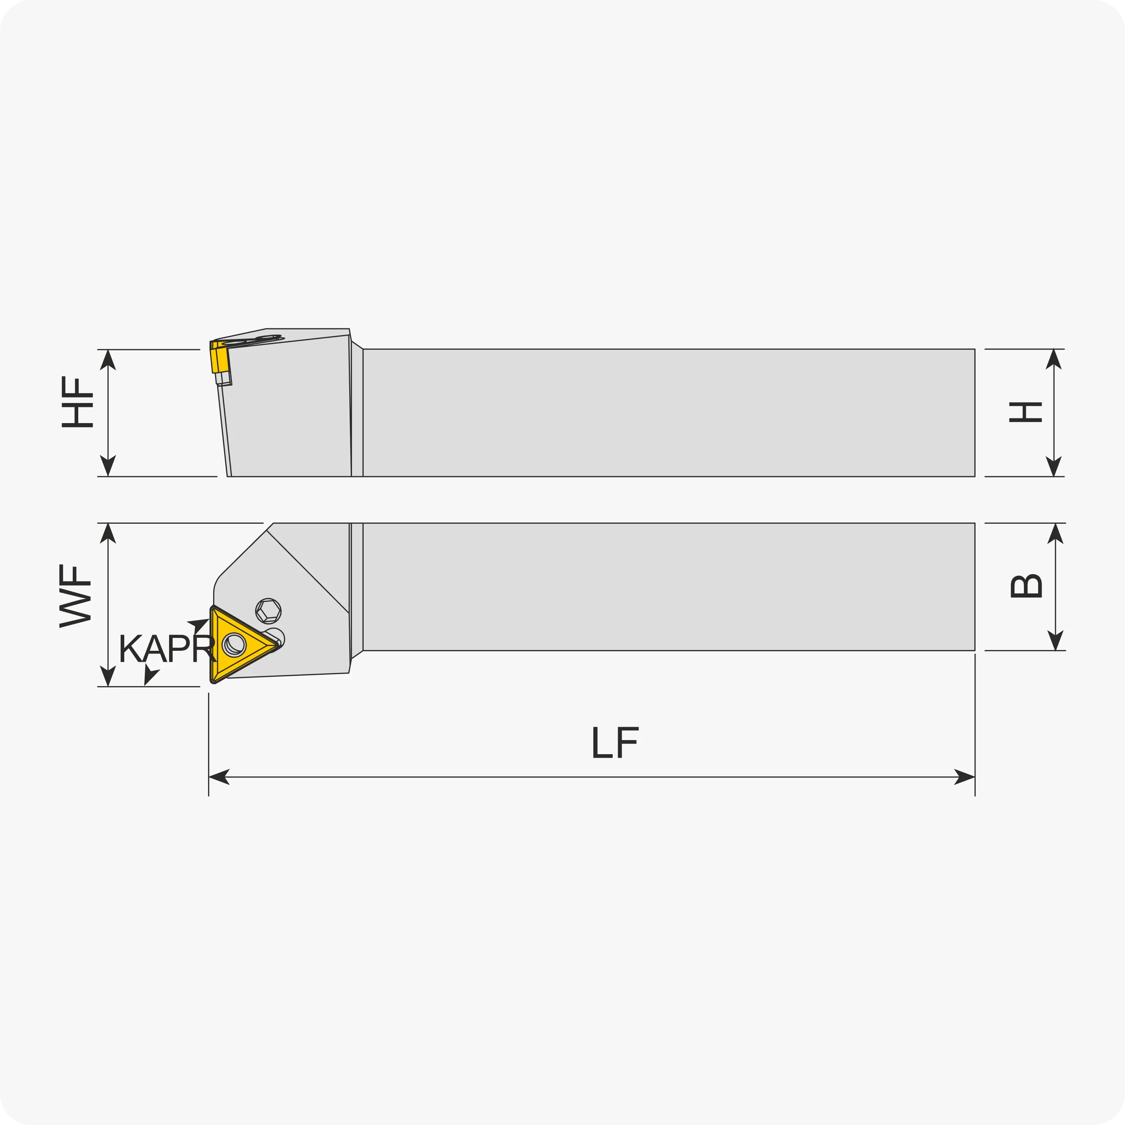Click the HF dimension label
tap(77, 402)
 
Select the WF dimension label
tap(75, 596)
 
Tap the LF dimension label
tap(615, 742)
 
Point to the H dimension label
tap(1026, 412)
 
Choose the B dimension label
tap(1026, 586)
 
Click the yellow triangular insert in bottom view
tap(239, 644)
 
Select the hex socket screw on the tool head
tap(269, 611)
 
